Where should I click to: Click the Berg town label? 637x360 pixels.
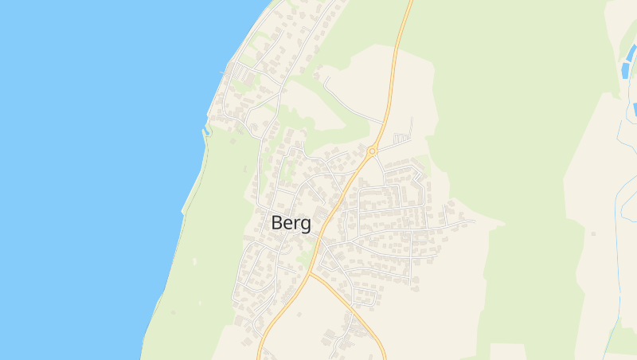tap(291, 223)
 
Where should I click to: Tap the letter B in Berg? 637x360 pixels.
tap(278, 223)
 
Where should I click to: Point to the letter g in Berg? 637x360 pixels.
tap(306, 225)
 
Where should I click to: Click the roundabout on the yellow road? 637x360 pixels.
tap(372, 150)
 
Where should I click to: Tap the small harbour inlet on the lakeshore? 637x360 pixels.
tap(207, 127)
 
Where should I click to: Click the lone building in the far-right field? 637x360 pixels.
tap(593, 233)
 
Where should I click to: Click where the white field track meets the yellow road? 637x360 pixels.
tap(385, 123)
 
